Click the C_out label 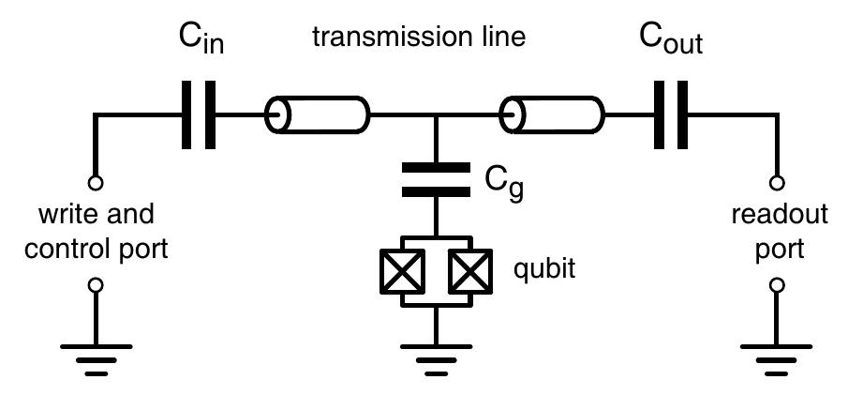671,38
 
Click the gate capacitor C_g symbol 435,179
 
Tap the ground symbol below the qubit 435,357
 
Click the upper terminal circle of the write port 95,183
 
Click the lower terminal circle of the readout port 776,285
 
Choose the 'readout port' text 779,233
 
